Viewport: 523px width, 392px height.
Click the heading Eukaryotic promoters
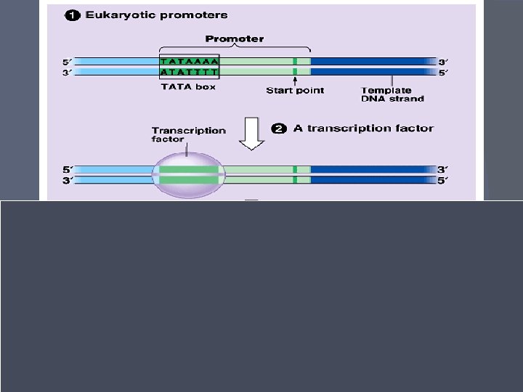click(156, 15)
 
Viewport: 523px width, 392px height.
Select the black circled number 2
click(279, 128)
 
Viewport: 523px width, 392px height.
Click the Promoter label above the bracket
click(235, 38)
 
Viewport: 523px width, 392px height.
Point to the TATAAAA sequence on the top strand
click(189, 62)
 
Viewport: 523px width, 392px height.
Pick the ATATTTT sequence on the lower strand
click(189, 72)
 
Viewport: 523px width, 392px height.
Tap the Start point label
click(295, 90)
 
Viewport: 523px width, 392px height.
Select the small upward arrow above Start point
click(295, 80)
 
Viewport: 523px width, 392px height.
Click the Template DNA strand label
click(392, 94)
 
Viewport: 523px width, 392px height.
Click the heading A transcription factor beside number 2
click(363, 128)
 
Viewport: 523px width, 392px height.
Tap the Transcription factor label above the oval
click(188, 134)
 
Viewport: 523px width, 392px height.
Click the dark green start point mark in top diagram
click(295, 66)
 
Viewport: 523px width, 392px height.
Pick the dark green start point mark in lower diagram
click(295, 174)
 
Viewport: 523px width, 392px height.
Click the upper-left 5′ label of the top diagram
click(68, 62)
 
